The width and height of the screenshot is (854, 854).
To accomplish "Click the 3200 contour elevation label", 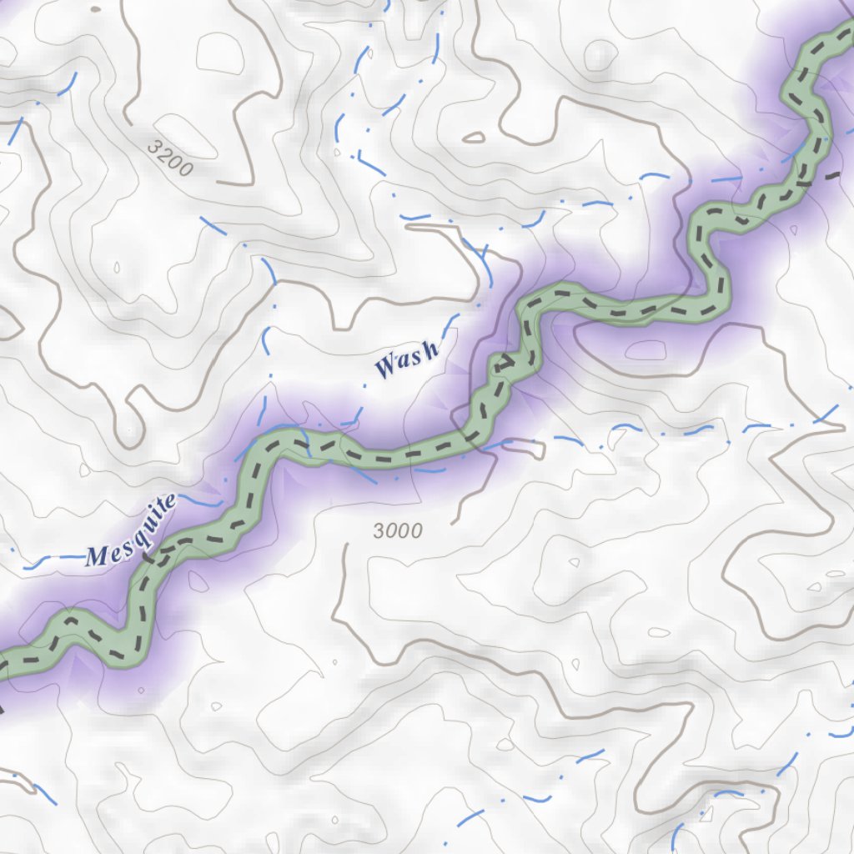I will click(170, 157).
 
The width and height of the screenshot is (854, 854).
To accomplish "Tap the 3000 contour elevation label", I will click(398, 530).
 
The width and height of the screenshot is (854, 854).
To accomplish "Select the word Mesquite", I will click(132, 531).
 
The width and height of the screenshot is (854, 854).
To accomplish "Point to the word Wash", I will click(406, 360).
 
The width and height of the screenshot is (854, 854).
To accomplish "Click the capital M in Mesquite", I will click(98, 557).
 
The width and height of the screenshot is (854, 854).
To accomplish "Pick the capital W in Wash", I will click(386, 366).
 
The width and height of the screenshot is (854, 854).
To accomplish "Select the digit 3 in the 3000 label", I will click(379, 531).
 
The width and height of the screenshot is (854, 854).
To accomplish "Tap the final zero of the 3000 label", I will click(416, 530).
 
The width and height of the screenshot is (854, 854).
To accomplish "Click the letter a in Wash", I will click(403, 361).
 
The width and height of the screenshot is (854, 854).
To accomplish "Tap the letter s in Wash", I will click(415, 356).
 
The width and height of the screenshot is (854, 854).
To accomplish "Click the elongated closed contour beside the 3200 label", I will click(473, 136).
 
